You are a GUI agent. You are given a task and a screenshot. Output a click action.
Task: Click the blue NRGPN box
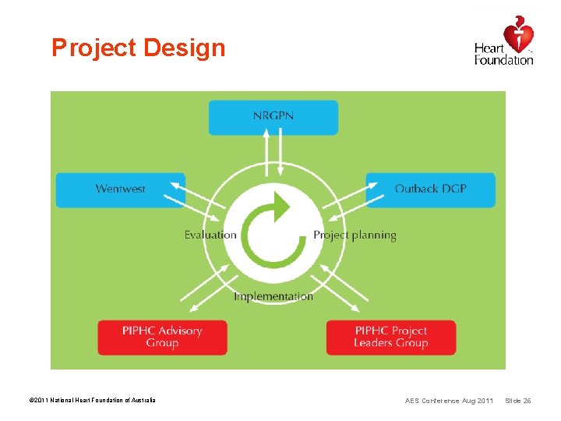coord(273,117)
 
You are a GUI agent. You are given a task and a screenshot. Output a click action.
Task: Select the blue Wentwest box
coord(121,189)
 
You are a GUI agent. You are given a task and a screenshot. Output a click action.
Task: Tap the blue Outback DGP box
coord(430,189)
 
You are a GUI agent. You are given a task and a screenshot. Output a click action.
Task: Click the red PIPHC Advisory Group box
coord(162,337)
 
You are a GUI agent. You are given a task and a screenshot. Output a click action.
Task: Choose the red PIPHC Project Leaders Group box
coord(390,337)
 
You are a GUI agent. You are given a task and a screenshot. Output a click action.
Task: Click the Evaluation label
coord(210,235)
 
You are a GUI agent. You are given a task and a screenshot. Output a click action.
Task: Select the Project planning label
coord(355,235)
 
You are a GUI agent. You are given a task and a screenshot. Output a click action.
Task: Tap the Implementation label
coord(273,296)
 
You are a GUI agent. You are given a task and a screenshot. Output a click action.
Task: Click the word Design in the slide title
coord(183,48)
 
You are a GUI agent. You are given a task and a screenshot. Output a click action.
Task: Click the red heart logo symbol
coord(518,34)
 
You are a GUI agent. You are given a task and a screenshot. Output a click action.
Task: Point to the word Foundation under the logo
coord(504,60)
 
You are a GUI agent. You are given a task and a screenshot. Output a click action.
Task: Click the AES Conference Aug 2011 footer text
coord(449,401)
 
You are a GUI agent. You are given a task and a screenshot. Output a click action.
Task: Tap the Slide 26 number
coord(518,401)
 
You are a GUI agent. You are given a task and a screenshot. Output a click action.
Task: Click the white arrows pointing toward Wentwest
coord(199,199)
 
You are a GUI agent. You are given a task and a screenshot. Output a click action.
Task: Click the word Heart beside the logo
coord(489,48)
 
